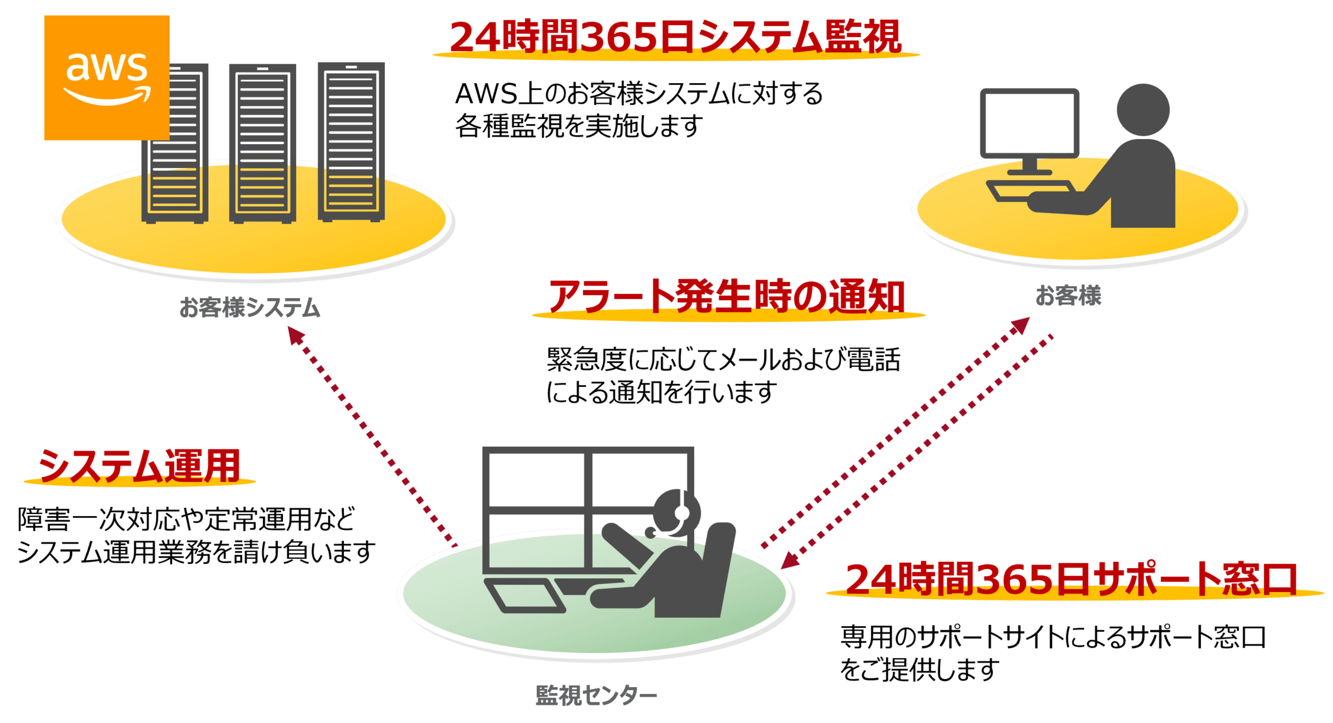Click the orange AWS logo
click(106, 77)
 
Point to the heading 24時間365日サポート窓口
click(1072, 578)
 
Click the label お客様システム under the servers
click(250, 308)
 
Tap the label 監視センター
click(595, 695)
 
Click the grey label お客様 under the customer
click(1068, 295)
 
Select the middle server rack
click(262, 143)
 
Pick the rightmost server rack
click(351, 142)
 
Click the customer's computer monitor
click(1029, 123)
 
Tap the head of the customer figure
click(1142, 109)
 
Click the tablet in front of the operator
click(526, 596)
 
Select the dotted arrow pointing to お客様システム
click(371, 434)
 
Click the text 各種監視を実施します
click(578, 126)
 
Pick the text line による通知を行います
click(661, 393)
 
